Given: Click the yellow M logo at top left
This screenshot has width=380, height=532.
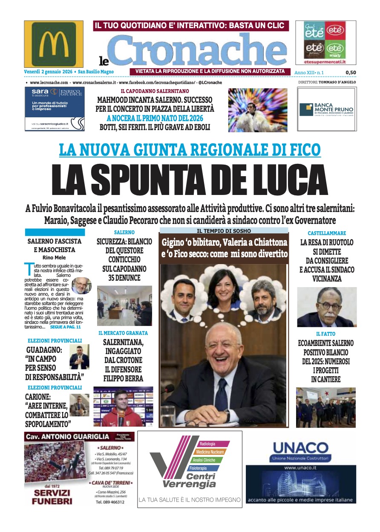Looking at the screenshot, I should (x=54, y=44).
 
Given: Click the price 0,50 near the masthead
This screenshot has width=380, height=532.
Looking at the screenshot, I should (x=351, y=73).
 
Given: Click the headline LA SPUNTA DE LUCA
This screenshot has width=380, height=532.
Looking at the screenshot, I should (x=190, y=180).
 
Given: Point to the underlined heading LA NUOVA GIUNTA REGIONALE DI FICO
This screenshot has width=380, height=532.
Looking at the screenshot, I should (x=190, y=150).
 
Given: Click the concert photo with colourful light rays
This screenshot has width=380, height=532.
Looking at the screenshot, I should (x=257, y=110).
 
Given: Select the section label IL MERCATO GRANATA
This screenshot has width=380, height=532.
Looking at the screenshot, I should (x=123, y=333).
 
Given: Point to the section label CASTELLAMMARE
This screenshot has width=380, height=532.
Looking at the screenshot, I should (x=327, y=233).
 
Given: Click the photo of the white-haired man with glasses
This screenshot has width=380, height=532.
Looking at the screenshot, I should (x=327, y=307).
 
